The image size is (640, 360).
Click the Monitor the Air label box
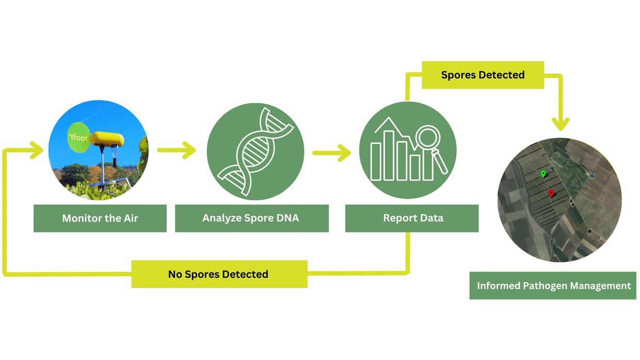click(100, 218)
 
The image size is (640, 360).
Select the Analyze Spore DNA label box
click(251, 218)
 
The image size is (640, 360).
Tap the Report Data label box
click(412, 218)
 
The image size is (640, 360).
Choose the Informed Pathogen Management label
click(553, 286)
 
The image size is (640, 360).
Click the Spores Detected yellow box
click(483, 75)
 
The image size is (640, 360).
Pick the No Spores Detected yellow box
click(219, 274)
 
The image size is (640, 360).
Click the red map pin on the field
click(551, 194)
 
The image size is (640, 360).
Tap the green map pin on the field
click(543, 174)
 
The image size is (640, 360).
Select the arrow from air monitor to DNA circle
click(177, 150)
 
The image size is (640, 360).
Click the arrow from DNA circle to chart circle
click(331, 153)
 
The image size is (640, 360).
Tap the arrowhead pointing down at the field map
click(560, 124)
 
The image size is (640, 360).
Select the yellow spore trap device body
click(107, 139)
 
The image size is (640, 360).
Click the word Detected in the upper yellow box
click(501, 75)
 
